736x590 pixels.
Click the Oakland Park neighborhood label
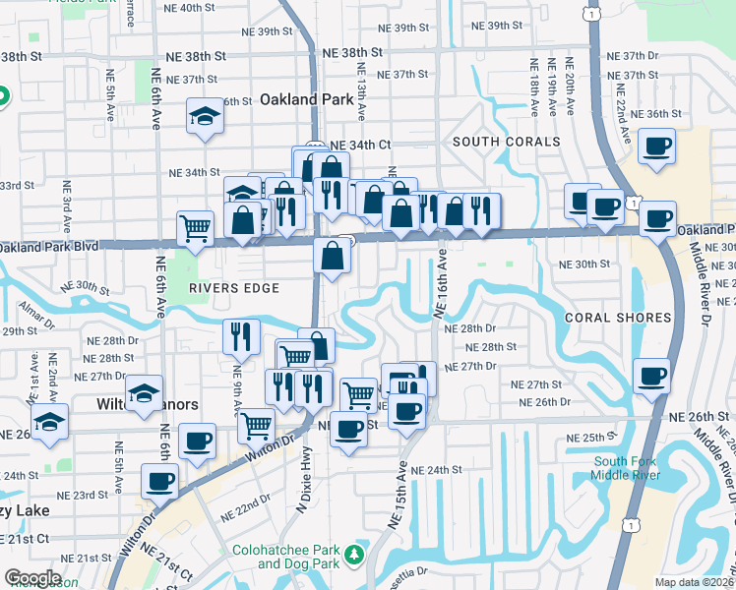[304, 99]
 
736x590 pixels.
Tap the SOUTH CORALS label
[492, 143]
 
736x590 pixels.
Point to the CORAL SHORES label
[618, 318]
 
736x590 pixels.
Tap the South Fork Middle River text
[631, 469]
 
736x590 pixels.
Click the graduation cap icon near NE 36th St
[206, 117]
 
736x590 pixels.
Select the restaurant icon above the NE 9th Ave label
[240, 335]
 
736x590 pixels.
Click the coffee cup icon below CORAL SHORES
[651, 375]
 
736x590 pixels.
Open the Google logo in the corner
[31, 578]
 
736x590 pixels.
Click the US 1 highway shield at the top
[588, 15]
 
